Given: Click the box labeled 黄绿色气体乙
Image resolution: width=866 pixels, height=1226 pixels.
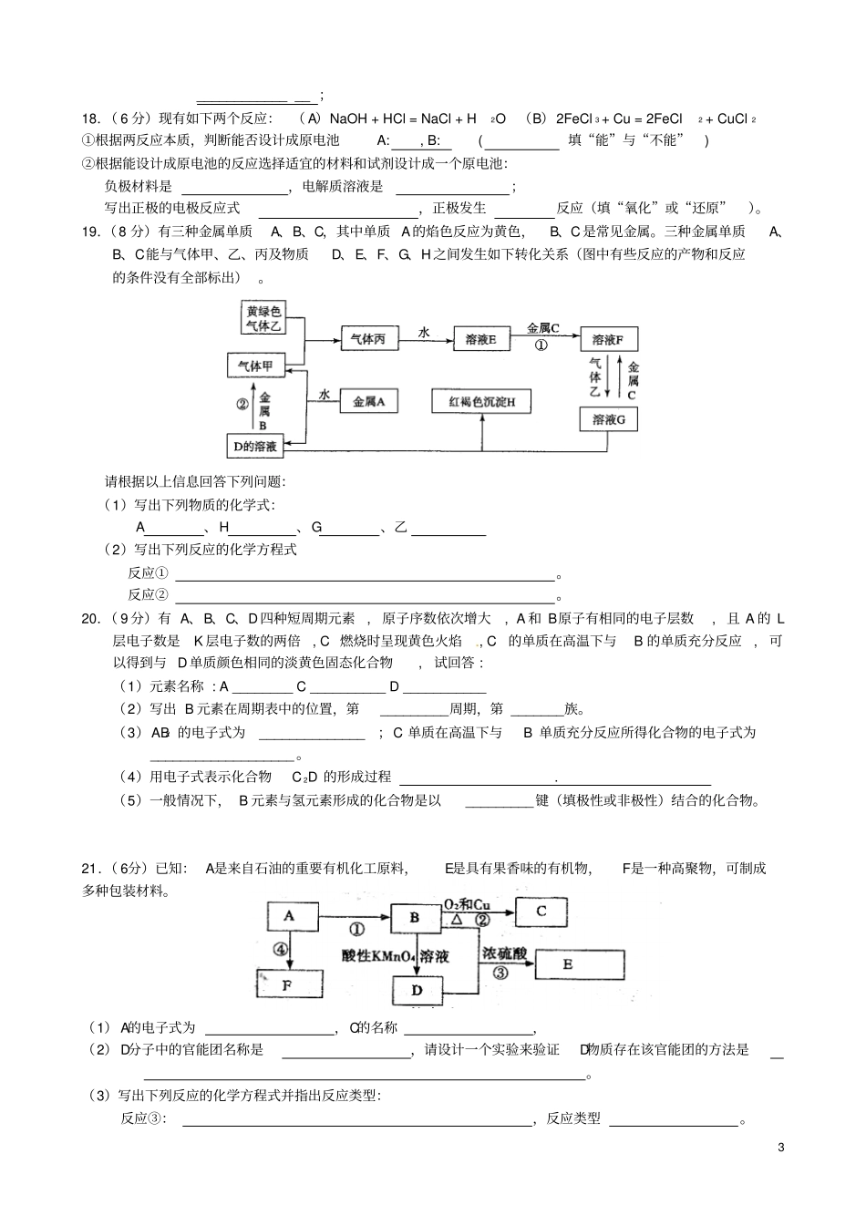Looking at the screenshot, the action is coord(263,318).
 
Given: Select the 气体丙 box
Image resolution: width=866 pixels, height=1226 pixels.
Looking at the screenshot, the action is coord(368,340).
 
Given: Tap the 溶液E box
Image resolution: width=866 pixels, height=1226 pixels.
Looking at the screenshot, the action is coord(480,340).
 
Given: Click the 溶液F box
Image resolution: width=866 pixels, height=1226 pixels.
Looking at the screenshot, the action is coord(608,340).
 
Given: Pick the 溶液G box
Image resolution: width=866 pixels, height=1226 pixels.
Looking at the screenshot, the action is coord(608,419).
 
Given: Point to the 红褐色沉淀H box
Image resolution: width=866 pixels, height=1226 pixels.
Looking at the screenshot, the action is coord(480,401).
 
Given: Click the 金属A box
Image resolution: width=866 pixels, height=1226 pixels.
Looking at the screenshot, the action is coord(368,401).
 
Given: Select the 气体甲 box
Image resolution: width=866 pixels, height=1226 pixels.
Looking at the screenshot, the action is coord(255,366).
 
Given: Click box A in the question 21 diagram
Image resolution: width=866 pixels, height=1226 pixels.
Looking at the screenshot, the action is coord(290,915).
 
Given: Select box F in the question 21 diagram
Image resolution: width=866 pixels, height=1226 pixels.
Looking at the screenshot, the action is coord(289,984).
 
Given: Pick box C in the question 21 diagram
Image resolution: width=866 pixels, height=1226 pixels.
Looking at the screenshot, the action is coord(541,911).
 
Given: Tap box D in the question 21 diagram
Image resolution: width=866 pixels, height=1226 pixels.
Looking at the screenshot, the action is coord(417,990).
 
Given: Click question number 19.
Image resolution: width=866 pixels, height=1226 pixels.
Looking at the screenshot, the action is coord(91,232).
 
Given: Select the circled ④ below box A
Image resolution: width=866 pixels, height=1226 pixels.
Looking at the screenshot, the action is coord(281,949).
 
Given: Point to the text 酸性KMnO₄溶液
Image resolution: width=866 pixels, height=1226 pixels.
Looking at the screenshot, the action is coord(396,956).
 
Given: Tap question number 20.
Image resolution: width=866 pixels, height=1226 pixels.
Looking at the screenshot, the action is coord(91,619).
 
